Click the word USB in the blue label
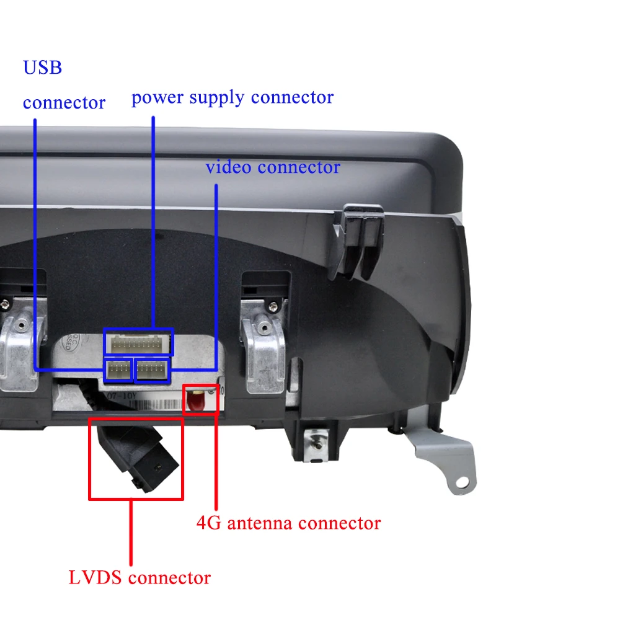[42, 67]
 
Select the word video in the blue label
[229, 167]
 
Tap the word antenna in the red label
[260, 523]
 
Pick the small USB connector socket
[118, 370]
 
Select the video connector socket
[152, 370]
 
